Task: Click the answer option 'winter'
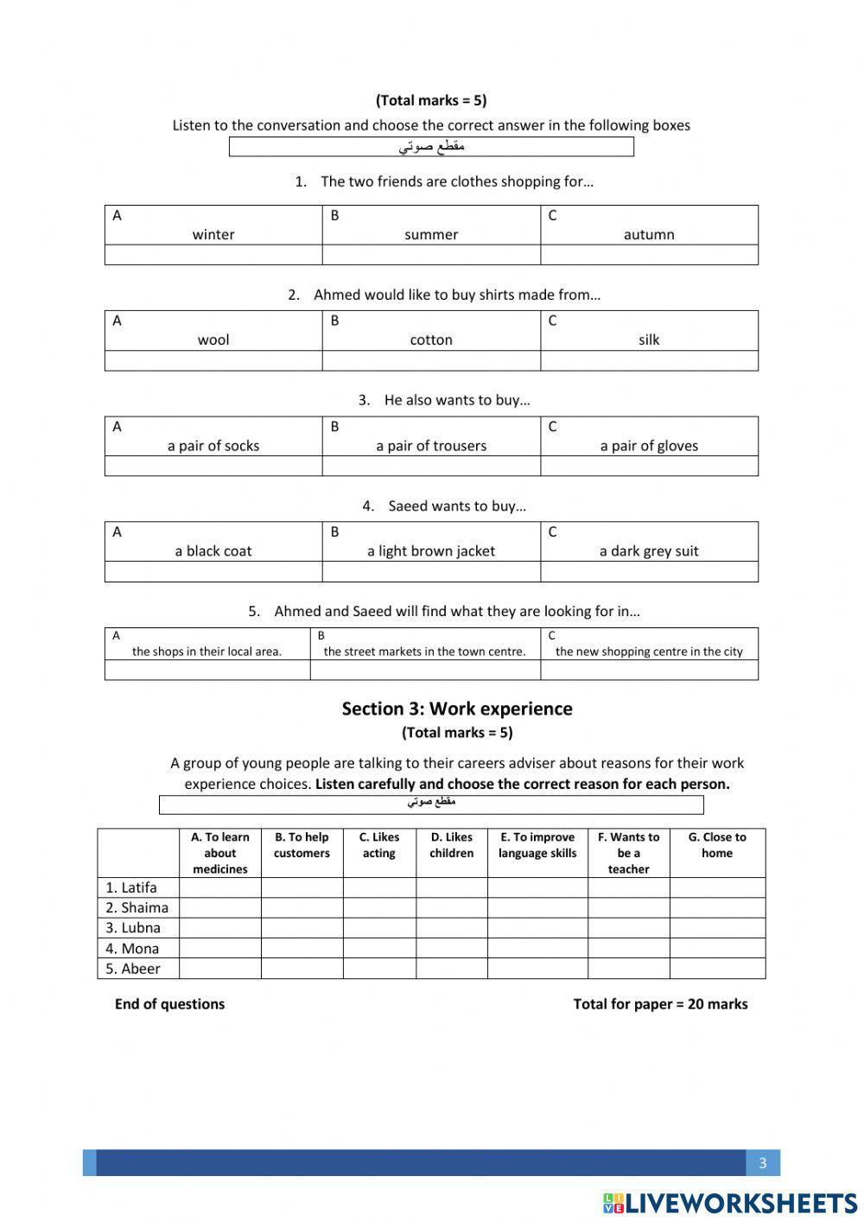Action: click(x=213, y=234)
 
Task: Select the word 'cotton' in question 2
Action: click(x=431, y=340)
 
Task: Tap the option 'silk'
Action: click(x=649, y=340)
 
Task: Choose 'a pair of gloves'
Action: click(x=649, y=446)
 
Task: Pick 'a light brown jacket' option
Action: click(x=431, y=551)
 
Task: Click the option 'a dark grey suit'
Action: click(x=649, y=551)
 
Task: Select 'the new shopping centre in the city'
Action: click(x=649, y=652)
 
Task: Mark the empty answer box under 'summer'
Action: click(x=431, y=255)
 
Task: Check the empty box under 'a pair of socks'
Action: click(x=213, y=466)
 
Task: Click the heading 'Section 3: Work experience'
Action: click(x=457, y=709)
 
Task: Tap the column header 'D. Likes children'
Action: click(x=451, y=845)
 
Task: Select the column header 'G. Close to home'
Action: click(x=717, y=845)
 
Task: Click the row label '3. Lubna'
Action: click(x=133, y=928)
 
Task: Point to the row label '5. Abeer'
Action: click(x=133, y=969)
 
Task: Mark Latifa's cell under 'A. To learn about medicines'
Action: click(x=219, y=887)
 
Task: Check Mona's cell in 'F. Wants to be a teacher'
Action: click(x=628, y=948)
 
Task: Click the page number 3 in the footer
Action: click(x=762, y=1163)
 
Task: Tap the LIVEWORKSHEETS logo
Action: click(x=730, y=1203)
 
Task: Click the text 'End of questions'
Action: click(x=169, y=1004)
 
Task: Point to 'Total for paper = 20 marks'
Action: click(x=660, y=1004)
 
